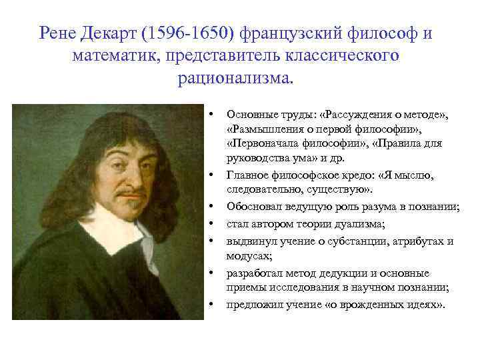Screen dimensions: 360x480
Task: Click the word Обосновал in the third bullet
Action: tap(252, 207)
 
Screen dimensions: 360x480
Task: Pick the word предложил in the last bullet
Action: tap(251, 305)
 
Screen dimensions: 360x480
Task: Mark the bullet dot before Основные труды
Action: tap(210, 111)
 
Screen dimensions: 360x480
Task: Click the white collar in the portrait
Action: tap(120, 233)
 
